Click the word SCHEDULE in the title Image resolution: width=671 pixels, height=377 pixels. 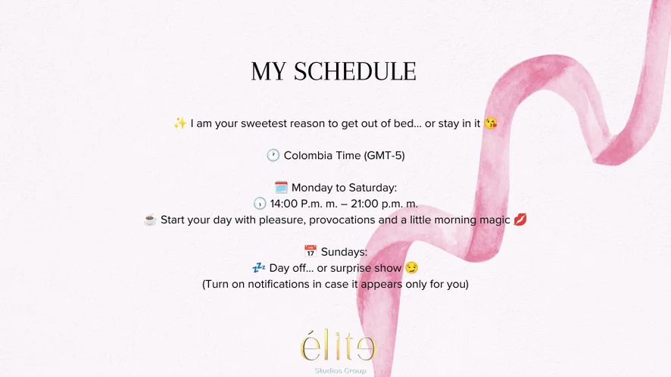click(x=354, y=71)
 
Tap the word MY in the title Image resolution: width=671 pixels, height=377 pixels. click(x=268, y=71)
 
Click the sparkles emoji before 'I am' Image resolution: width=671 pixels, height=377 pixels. click(x=179, y=123)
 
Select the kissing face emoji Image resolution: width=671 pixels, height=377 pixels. click(x=491, y=123)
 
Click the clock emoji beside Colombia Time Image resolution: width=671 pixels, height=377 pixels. click(x=273, y=155)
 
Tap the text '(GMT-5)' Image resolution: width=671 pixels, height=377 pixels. click(x=384, y=155)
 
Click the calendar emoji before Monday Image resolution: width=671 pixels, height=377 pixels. click(x=281, y=188)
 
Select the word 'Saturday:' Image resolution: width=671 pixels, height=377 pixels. click(x=373, y=188)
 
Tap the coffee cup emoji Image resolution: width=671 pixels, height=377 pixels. click(x=150, y=220)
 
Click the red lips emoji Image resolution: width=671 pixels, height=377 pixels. click(x=520, y=220)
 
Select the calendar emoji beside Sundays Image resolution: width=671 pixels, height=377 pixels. click(x=311, y=251)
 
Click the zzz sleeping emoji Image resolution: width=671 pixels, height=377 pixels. click(x=258, y=268)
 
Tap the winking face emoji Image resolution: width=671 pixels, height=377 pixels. click(x=412, y=268)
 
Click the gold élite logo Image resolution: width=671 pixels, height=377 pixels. click(x=338, y=347)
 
